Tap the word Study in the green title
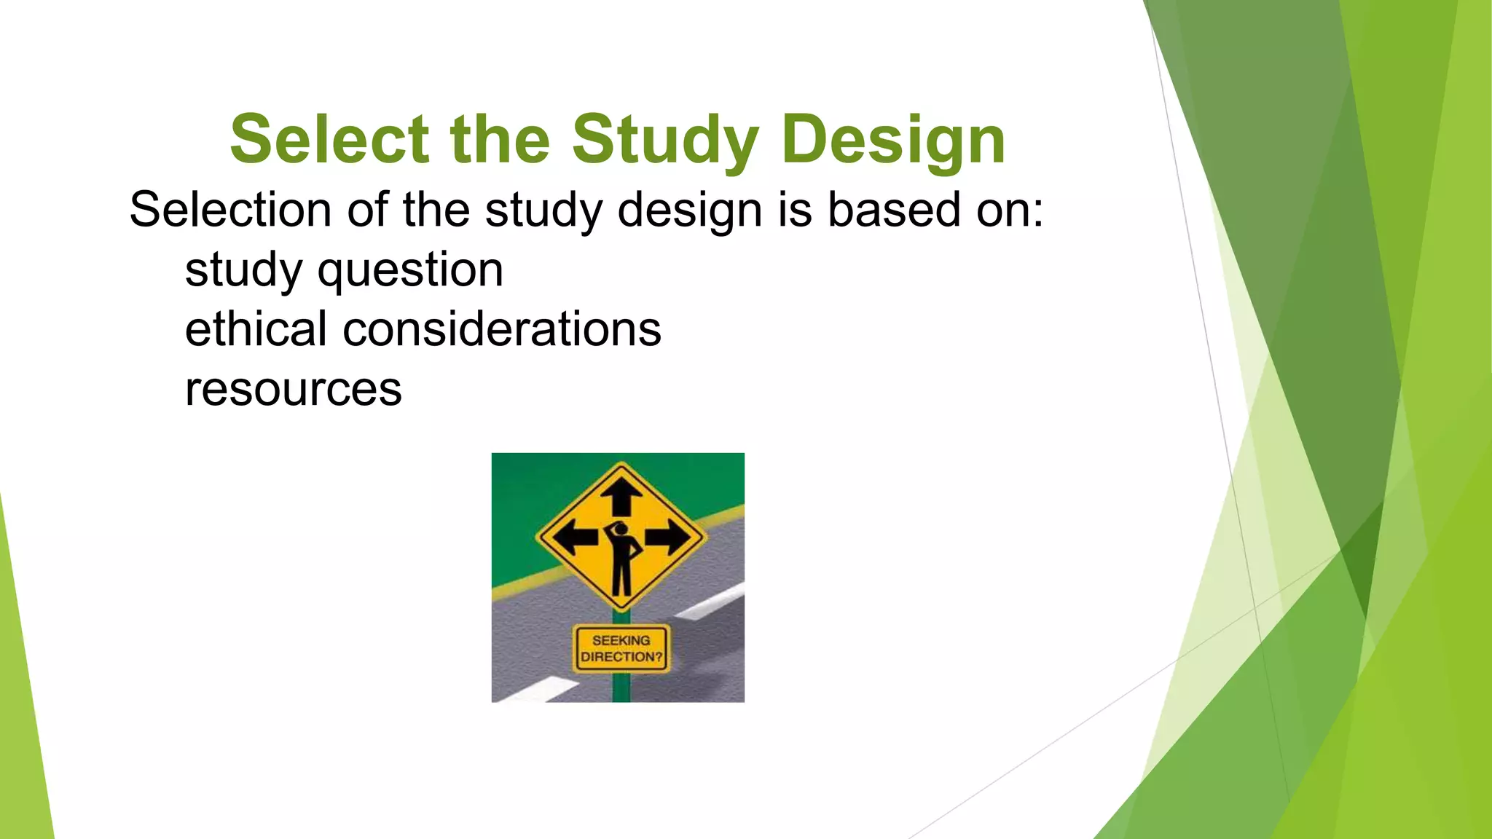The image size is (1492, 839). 664,141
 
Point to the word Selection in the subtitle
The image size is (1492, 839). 230,210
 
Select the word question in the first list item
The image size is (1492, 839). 410,271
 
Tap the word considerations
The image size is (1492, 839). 502,329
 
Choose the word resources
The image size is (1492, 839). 293,389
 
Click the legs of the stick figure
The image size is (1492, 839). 621,579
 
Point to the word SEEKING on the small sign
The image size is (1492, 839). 621,640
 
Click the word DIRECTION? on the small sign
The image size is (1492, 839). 621,657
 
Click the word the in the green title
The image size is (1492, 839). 500,139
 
